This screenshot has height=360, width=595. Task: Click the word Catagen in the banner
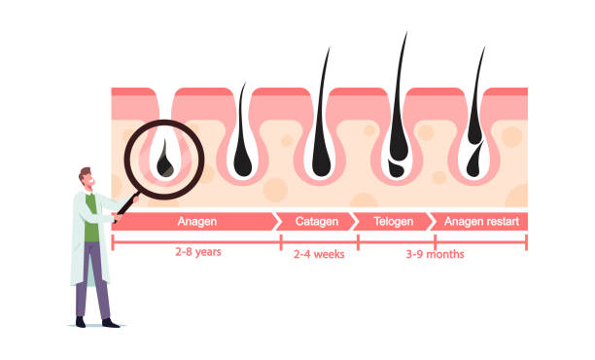point(317,222)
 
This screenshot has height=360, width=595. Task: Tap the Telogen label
point(393,222)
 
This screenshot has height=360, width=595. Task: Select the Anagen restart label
point(481,222)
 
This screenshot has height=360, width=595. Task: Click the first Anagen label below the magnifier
point(197,222)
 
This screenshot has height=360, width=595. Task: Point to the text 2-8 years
point(198,252)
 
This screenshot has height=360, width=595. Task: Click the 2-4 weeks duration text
point(319,254)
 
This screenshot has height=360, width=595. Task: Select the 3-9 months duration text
point(435,254)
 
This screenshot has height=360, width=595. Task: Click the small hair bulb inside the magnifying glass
point(165,161)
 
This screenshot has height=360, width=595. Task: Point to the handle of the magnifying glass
point(126,205)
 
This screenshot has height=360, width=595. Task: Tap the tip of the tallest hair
point(406,33)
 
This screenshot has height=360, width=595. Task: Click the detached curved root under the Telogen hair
point(396,169)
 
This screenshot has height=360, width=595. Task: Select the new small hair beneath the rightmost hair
point(474,161)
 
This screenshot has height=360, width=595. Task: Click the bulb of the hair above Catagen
point(321,162)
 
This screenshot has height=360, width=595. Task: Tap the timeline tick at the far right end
point(526,242)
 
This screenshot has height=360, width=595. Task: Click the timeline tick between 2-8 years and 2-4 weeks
point(281,242)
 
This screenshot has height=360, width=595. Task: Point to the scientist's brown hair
point(85,173)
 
